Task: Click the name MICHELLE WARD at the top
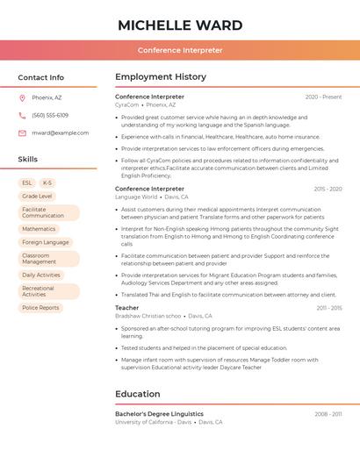click(x=180, y=24)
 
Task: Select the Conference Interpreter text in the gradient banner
click(x=180, y=51)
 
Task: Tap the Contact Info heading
click(x=41, y=77)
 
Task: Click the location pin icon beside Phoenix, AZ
click(x=22, y=98)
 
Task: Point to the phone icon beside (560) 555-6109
click(x=22, y=116)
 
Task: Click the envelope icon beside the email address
click(x=22, y=133)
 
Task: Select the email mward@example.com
click(x=61, y=133)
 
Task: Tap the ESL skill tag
click(x=27, y=183)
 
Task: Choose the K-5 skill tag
click(x=47, y=183)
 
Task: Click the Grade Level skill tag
click(x=37, y=197)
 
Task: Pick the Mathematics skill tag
click(x=39, y=229)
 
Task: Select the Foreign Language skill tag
click(x=45, y=242)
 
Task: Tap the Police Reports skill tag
click(x=40, y=308)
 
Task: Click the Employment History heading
click(x=161, y=77)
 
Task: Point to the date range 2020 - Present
click(x=323, y=97)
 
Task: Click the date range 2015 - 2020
click(x=328, y=189)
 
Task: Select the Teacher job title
click(x=127, y=308)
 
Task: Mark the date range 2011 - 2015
click(x=329, y=308)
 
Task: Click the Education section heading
click(x=138, y=394)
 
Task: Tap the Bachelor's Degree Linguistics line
click(x=159, y=414)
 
